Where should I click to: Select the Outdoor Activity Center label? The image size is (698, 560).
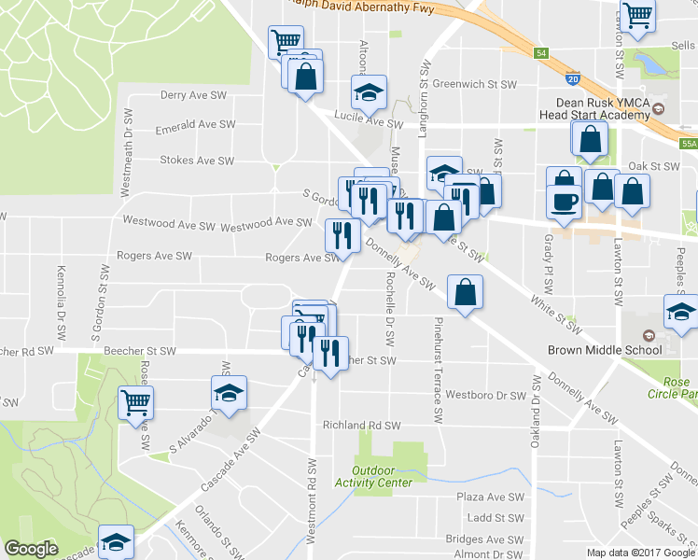click(x=382, y=476)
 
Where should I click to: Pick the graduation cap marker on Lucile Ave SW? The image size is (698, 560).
click(x=369, y=92)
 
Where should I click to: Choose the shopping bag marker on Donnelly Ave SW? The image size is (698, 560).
click(x=465, y=293)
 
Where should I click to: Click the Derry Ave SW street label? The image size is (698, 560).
click(x=193, y=95)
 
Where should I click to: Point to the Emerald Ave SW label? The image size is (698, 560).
click(x=192, y=125)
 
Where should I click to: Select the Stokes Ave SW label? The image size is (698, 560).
click(x=197, y=161)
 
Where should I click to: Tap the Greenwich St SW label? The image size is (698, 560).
click(x=474, y=84)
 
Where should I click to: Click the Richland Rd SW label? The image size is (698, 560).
click(x=361, y=425)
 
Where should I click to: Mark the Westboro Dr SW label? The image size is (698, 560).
click(x=485, y=395)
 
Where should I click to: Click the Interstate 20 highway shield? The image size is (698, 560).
click(x=573, y=79)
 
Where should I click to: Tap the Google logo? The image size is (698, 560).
click(x=32, y=549)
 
